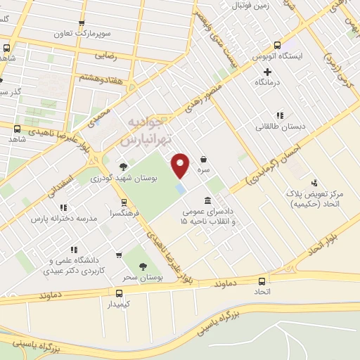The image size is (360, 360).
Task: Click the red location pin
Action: (181, 165)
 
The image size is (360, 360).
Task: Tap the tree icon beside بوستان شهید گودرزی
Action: (124, 167)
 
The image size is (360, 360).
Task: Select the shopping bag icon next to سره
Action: (203, 159)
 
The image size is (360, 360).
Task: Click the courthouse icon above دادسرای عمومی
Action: (207, 200)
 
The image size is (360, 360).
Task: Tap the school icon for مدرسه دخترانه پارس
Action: (63, 207)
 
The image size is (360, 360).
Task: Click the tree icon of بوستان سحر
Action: (143, 266)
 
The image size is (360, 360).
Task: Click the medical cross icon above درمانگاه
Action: (268, 72)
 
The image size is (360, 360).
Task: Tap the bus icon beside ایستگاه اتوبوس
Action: (278, 44)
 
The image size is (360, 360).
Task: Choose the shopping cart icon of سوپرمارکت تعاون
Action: (82, 23)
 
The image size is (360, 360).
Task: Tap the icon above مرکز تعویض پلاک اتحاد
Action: (314, 182)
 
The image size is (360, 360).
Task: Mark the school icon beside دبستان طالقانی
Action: (280, 115)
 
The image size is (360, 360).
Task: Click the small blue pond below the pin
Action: (181, 190)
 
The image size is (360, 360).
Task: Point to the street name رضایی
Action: (105, 53)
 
